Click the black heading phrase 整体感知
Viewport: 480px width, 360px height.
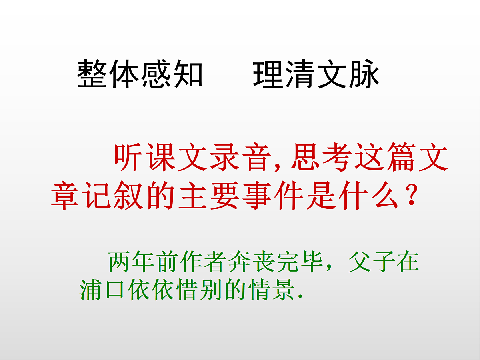coord(140,74)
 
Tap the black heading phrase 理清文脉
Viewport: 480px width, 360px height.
coord(316,74)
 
